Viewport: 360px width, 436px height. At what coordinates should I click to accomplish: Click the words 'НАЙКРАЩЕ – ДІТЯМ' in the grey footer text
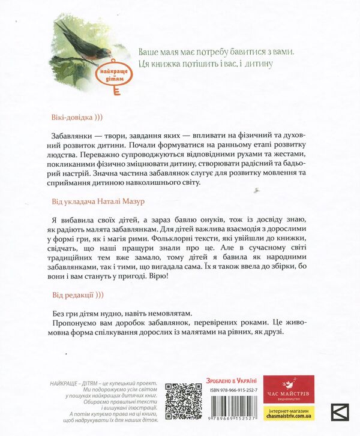point(80,383)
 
